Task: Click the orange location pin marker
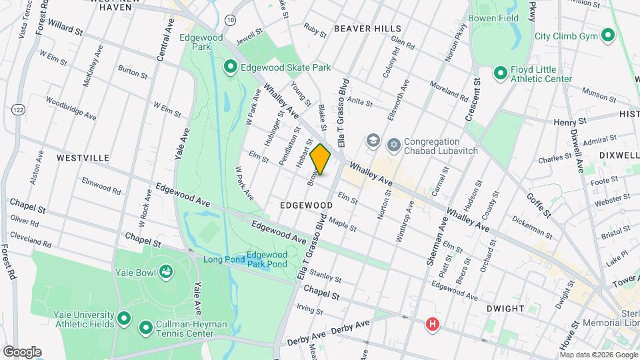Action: [321, 159]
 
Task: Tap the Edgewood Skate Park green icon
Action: [231, 67]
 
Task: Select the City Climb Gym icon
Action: [607, 35]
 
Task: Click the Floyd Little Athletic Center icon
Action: [500, 73]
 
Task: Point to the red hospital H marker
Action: [433, 325]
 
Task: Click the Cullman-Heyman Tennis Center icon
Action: [145, 328]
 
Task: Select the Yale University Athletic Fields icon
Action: [123, 319]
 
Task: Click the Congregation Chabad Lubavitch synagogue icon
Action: [394, 144]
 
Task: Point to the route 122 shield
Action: [17, 108]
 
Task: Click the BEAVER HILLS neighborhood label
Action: [367, 29]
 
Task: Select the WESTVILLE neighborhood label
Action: [83, 158]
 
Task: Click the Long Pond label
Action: [221, 259]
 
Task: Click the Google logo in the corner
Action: [22, 351]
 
